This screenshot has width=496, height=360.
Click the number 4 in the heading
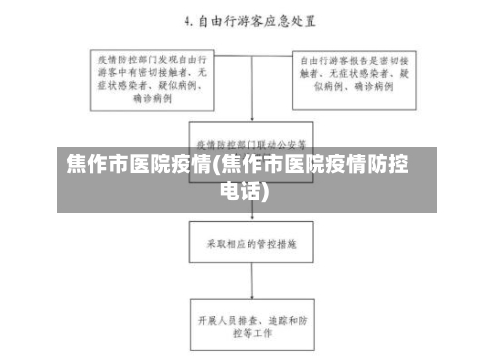(x=188, y=20)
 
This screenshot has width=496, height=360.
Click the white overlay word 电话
(x=239, y=189)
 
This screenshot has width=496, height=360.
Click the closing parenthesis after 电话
(x=266, y=189)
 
